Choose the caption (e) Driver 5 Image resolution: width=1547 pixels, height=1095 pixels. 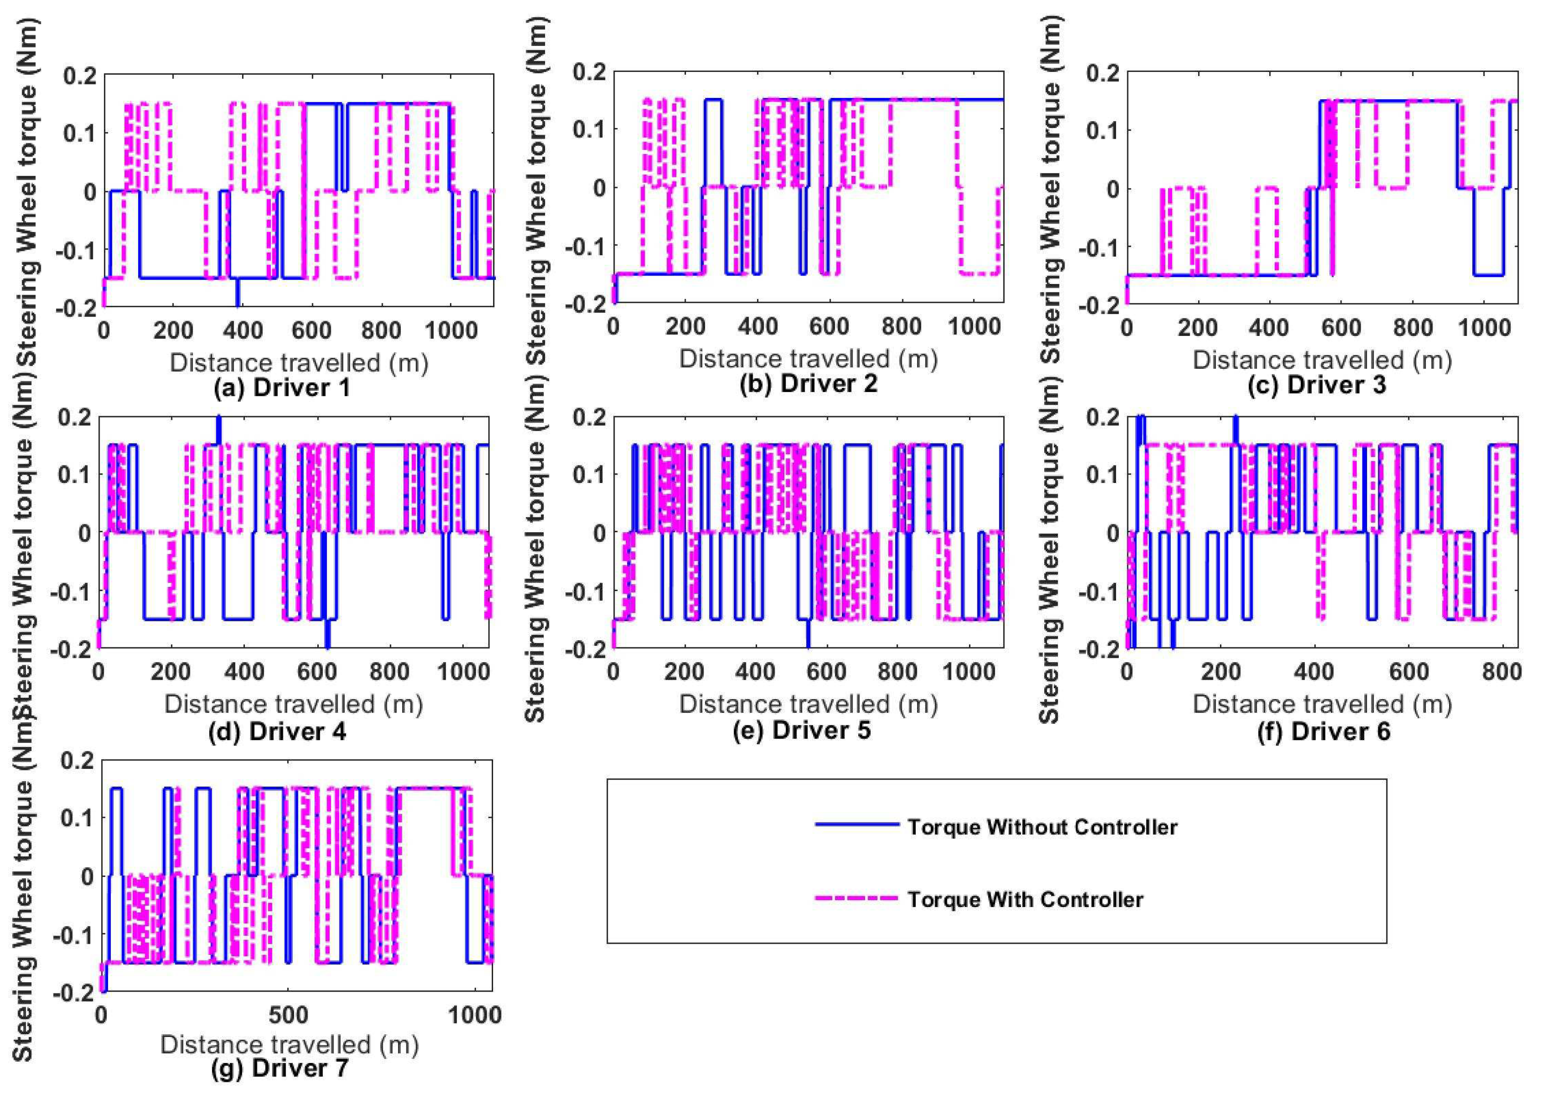(x=802, y=730)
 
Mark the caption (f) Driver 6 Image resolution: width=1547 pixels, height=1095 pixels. (x=1324, y=732)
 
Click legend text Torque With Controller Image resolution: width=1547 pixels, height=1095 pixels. (x=1025, y=900)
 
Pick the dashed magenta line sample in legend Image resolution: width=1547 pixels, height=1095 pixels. (x=856, y=898)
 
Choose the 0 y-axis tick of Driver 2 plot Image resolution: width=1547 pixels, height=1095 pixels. (x=598, y=187)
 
